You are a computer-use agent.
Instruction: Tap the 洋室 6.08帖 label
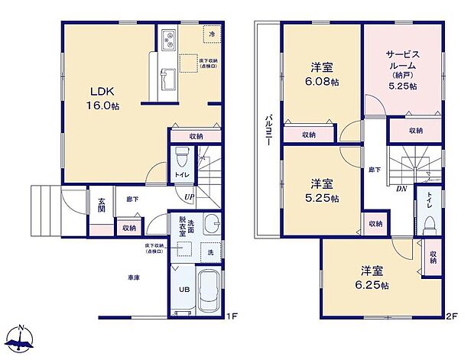pos(322,73)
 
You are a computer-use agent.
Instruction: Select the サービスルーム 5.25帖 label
pos(402,71)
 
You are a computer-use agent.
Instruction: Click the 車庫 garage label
pos(133,277)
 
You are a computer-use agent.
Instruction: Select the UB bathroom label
pos(183,290)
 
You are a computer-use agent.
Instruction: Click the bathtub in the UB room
pos(209,294)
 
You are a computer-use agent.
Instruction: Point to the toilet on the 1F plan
pos(181,161)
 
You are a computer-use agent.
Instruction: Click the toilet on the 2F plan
pos(430,221)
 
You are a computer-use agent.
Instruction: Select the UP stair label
pos(189,197)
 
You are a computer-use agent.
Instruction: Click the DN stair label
pos(400,190)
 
